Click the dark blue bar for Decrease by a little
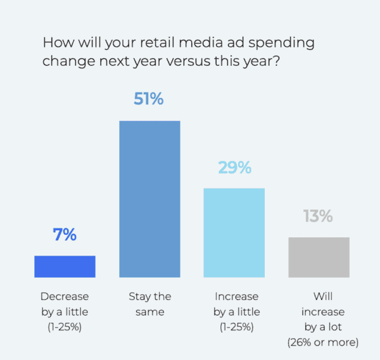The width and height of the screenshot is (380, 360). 65,266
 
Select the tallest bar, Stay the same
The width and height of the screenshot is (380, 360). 149,199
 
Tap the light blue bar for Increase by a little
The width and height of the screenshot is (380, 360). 234,232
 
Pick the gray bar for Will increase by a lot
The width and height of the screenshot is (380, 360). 319,257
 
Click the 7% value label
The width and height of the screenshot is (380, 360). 65,235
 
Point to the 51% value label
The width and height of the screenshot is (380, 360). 149,99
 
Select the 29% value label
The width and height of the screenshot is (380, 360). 234,168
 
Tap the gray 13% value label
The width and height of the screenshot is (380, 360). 318,216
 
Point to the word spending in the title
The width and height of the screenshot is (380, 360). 280,44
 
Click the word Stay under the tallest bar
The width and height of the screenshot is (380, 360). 140,296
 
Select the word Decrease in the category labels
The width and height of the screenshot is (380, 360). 65,296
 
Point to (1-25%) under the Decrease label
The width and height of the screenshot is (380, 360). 65,327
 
